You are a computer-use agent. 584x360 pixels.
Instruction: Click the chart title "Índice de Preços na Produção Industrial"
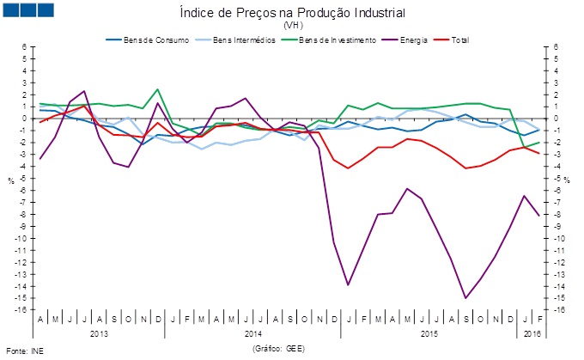pos(293,14)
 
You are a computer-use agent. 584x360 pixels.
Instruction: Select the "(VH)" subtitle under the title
pos(293,26)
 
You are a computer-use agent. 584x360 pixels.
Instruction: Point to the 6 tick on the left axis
pos(25,47)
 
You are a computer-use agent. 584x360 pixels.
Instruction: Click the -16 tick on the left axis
pos(22,310)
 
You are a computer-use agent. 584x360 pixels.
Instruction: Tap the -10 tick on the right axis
pos(559,238)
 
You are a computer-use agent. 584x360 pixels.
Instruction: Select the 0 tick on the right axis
pos(557,119)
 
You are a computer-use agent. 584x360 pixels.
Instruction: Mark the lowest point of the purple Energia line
pos(465,298)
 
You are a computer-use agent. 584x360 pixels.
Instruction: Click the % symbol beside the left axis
pos(11,180)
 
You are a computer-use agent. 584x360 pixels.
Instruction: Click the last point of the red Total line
pos(539,153)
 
